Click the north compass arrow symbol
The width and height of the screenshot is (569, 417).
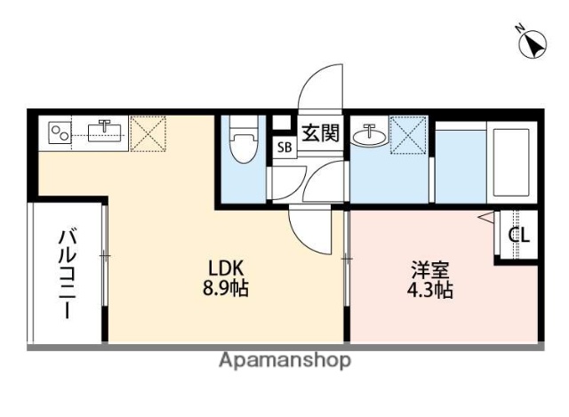[x=532, y=42]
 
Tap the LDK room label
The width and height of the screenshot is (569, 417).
[x=226, y=267]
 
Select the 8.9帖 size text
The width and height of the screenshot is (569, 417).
[x=226, y=288]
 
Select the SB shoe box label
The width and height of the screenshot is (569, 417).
[x=284, y=148]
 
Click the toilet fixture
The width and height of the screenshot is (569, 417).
[x=242, y=145]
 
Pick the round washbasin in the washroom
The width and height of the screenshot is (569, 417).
[x=368, y=136]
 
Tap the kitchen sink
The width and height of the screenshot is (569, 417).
[x=104, y=133]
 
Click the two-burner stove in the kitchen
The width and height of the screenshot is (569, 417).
[x=60, y=133]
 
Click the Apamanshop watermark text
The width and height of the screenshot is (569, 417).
[x=284, y=360]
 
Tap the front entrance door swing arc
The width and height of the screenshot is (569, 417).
[x=321, y=89]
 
